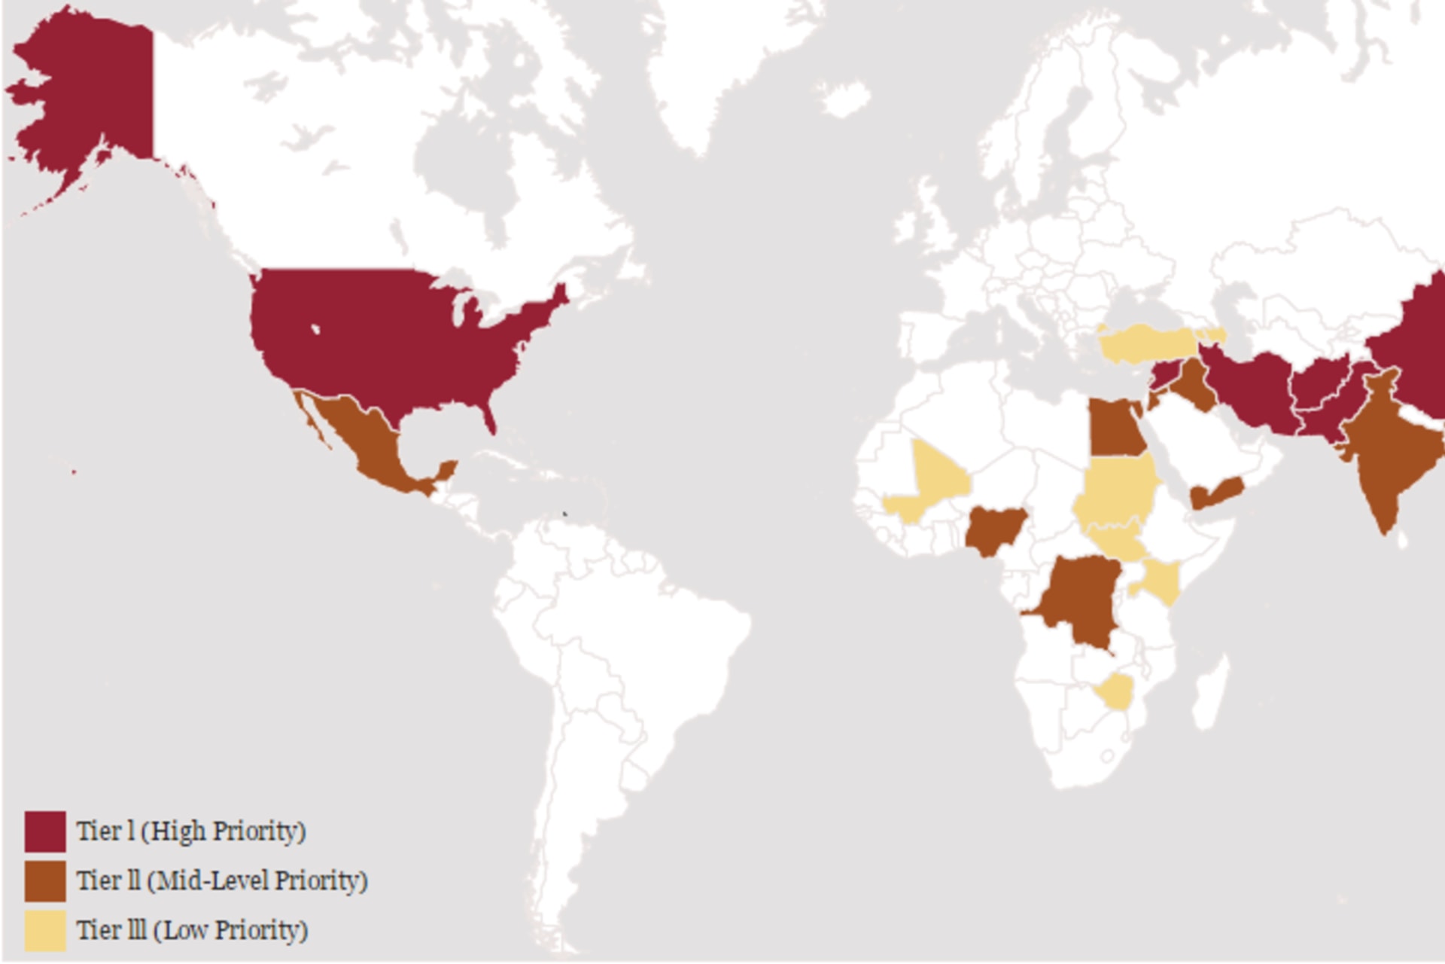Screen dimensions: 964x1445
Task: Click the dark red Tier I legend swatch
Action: [x=44, y=831]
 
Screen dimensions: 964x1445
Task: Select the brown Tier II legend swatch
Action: [x=44, y=881]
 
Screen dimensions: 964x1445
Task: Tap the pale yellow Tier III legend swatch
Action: [x=44, y=931]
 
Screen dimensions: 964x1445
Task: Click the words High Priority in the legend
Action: [x=224, y=831]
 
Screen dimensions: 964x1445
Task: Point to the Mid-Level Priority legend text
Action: [x=257, y=880]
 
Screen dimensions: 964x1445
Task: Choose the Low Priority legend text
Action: [x=230, y=930]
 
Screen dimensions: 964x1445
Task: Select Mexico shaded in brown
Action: [x=369, y=437]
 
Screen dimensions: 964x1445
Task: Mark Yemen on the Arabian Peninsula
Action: [x=1216, y=493]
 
